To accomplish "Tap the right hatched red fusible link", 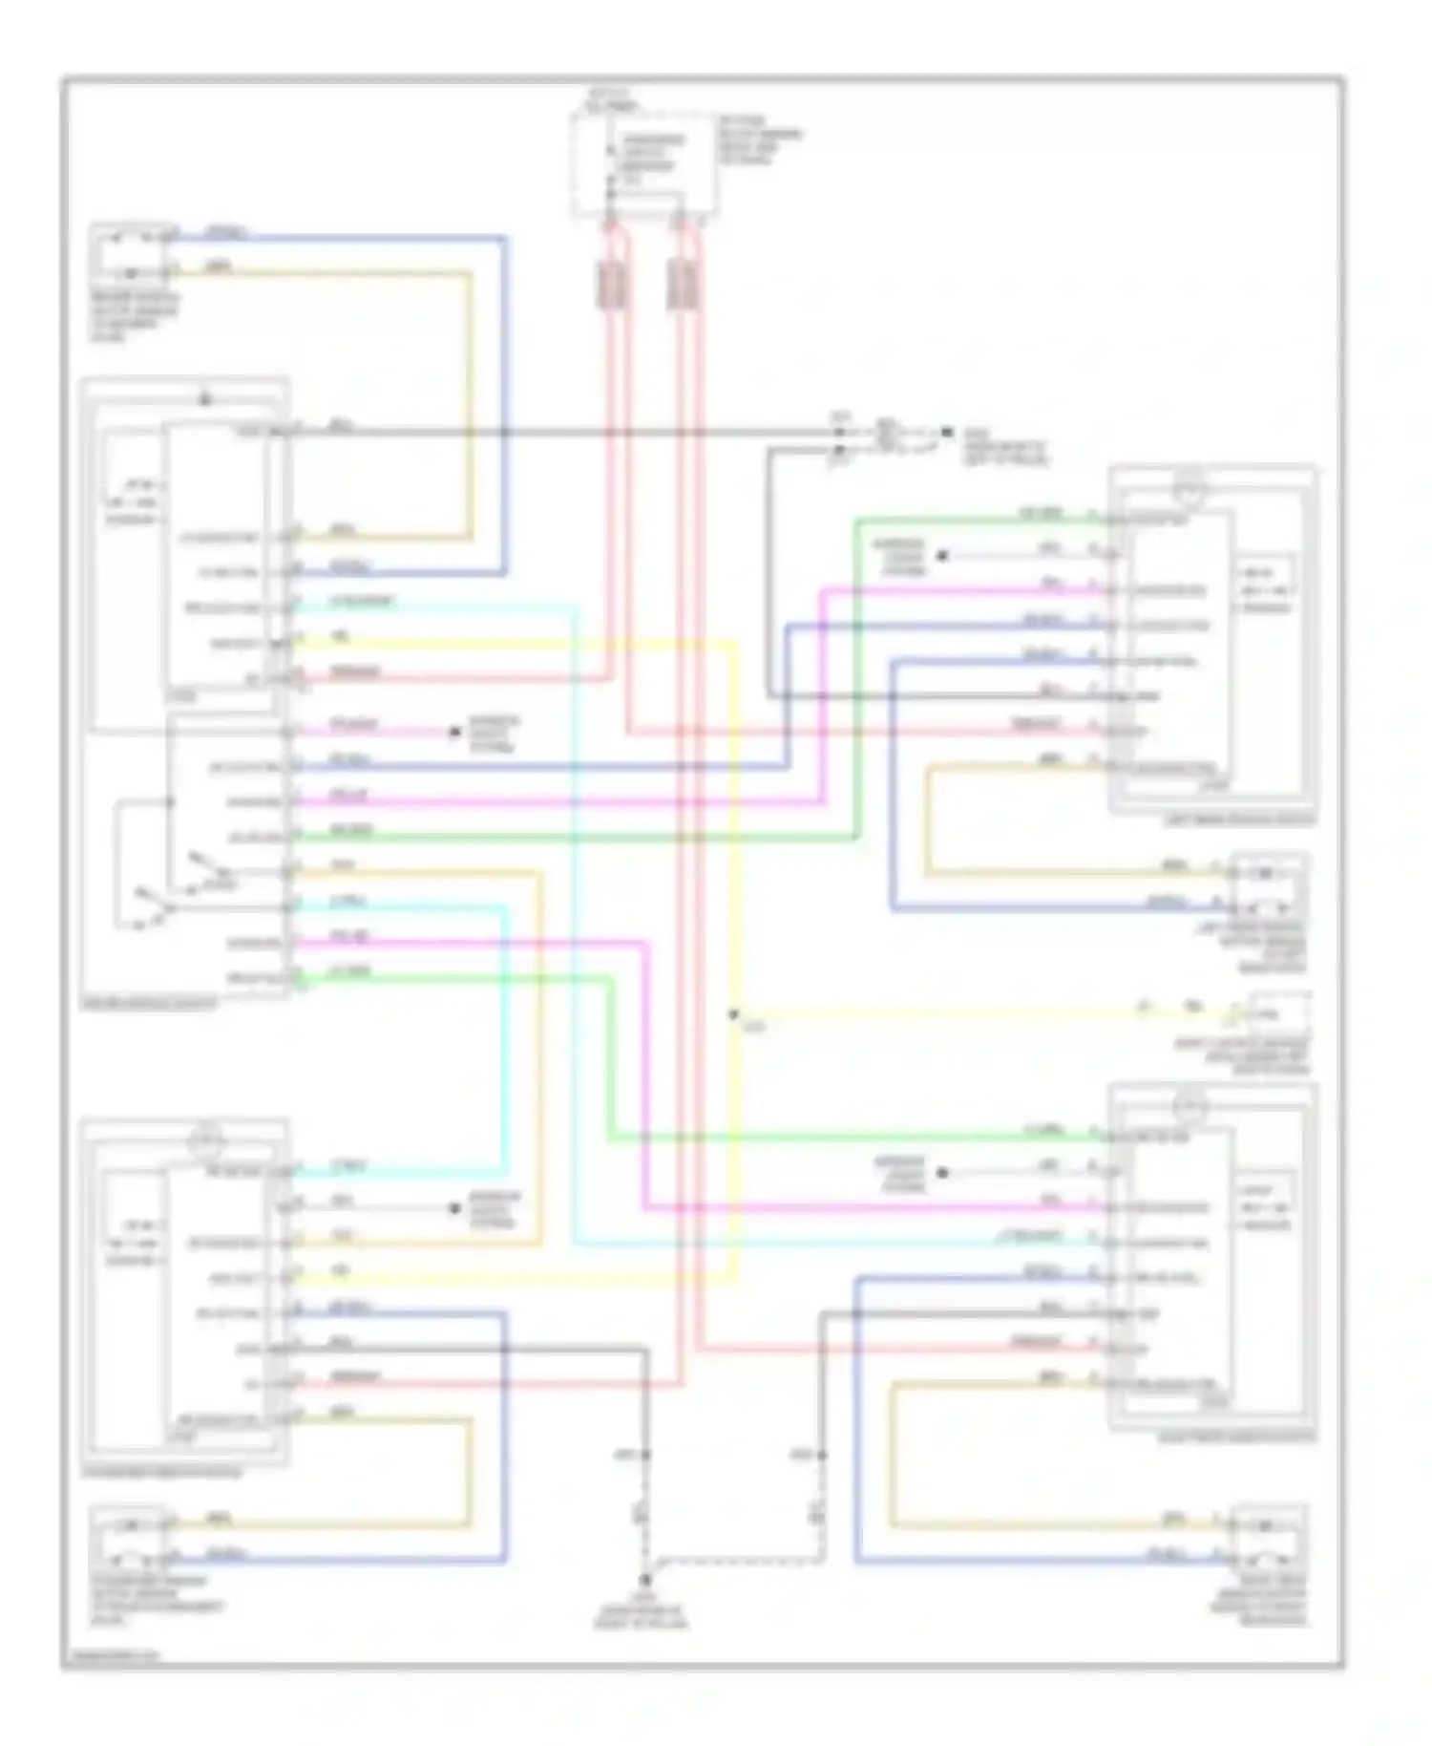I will coord(682,285).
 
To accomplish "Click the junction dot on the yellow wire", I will coord(733,1014).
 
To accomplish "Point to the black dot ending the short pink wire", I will coord(455,733).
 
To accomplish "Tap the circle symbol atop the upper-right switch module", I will coord(1190,489).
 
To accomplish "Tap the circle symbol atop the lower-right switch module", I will coord(1190,1108).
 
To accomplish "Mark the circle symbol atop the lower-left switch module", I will coord(206,1140).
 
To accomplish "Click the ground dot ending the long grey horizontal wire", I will coord(946,432).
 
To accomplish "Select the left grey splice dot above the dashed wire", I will coord(646,1455).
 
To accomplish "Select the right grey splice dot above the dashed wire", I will coord(822,1455).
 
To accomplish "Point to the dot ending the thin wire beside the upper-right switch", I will coord(941,556).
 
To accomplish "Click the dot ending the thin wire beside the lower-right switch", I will coord(941,1173).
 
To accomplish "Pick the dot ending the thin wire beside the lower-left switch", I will coord(455,1208).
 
